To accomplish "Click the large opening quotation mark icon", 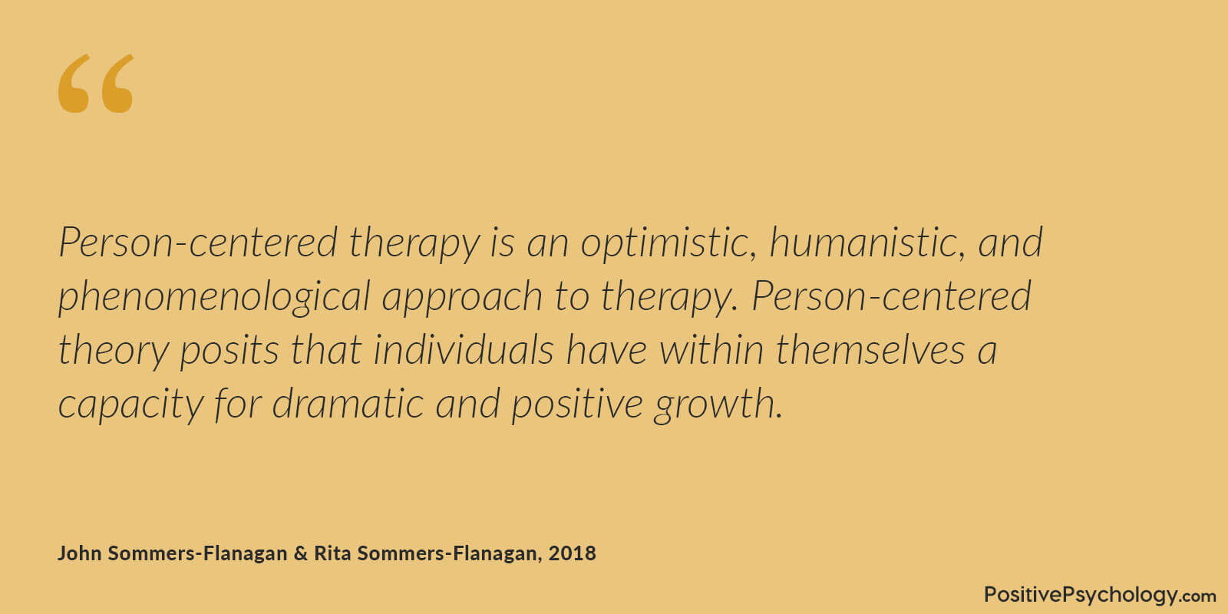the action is tap(96, 84).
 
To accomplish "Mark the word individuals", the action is tap(464, 349).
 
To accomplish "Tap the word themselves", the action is tap(870, 349).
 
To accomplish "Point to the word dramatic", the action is tap(348, 403).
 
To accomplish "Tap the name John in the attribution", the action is tap(80, 553).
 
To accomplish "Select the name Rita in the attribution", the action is tap(332, 553).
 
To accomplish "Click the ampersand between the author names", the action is tap(300, 553).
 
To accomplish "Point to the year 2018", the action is tap(573, 553).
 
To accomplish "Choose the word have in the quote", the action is tap(606, 349).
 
